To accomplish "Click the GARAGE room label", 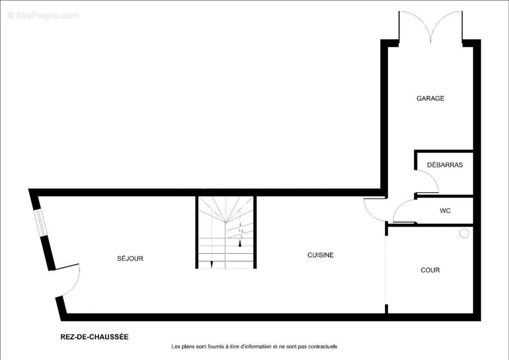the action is [430, 99].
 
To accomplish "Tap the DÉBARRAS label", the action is [445, 165].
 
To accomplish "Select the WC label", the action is [445, 211].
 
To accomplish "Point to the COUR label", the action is [430, 270].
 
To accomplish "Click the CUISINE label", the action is [320, 255].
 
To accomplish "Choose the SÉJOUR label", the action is [130, 258].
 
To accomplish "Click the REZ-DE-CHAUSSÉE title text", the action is [95, 337].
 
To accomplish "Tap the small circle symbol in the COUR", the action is [464, 234].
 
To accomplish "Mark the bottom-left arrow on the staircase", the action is [212, 264].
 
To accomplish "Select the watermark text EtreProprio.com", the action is [43, 15].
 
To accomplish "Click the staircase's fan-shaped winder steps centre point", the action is [225, 222].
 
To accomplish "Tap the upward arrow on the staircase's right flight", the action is [240, 243].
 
